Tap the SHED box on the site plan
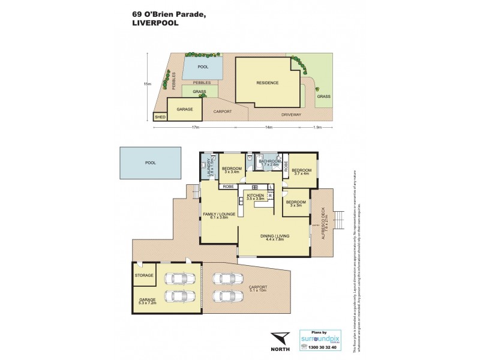[x=160, y=117]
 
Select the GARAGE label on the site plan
[x=184, y=109]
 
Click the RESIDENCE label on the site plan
[x=268, y=83]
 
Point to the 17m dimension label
[x=195, y=127]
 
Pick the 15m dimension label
[x=147, y=84]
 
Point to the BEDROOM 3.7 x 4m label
[x=300, y=172]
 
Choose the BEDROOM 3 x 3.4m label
[x=231, y=171]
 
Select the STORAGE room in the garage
[x=145, y=275]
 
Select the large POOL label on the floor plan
[x=150, y=163]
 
